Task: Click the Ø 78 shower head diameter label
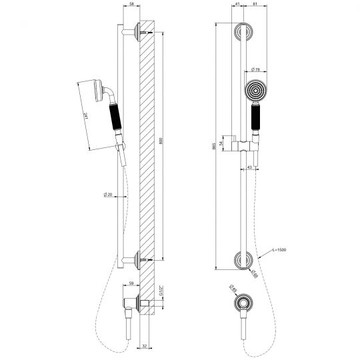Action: coord(255,69)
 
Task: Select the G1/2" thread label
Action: coord(160,291)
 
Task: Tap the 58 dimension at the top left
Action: coord(131,4)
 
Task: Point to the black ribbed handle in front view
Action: coord(255,123)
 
